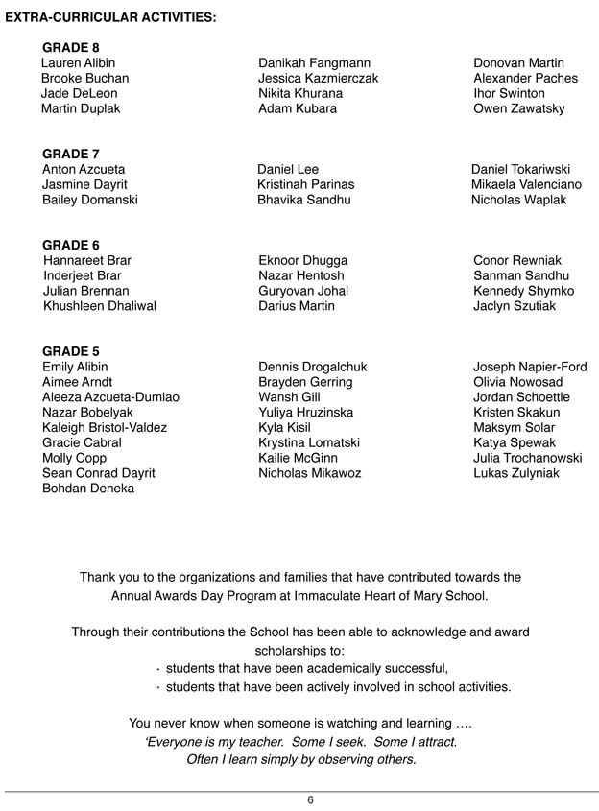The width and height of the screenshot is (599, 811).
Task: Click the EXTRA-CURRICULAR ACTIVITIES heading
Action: tap(110, 17)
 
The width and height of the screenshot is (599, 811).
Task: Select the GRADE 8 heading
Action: tap(71, 47)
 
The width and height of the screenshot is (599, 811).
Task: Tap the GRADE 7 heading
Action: tap(71, 154)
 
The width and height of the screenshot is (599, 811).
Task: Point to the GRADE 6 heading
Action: tap(71, 245)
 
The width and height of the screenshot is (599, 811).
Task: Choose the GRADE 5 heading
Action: tap(71, 351)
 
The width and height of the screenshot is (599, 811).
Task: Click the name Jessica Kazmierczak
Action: tap(318, 78)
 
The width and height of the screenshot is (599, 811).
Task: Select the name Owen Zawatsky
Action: tap(518, 108)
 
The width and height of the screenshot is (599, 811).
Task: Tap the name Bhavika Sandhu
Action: tap(303, 200)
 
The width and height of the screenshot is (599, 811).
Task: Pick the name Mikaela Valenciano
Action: tap(526, 184)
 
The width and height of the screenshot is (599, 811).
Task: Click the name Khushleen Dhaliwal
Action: tap(100, 306)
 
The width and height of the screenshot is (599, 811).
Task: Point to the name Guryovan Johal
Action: tap(303, 291)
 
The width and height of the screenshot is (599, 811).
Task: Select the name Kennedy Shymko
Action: tap(523, 291)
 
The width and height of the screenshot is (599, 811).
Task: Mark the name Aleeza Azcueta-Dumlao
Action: tap(110, 397)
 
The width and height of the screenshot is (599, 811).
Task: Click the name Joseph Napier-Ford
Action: tap(530, 367)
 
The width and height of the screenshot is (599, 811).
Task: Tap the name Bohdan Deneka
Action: tap(88, 489)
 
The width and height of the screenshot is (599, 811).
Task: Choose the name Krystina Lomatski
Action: tap(309, 442)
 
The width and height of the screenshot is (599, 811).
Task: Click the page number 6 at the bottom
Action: tap(310, 800)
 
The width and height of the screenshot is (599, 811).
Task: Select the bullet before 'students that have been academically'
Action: tap(157, 669)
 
